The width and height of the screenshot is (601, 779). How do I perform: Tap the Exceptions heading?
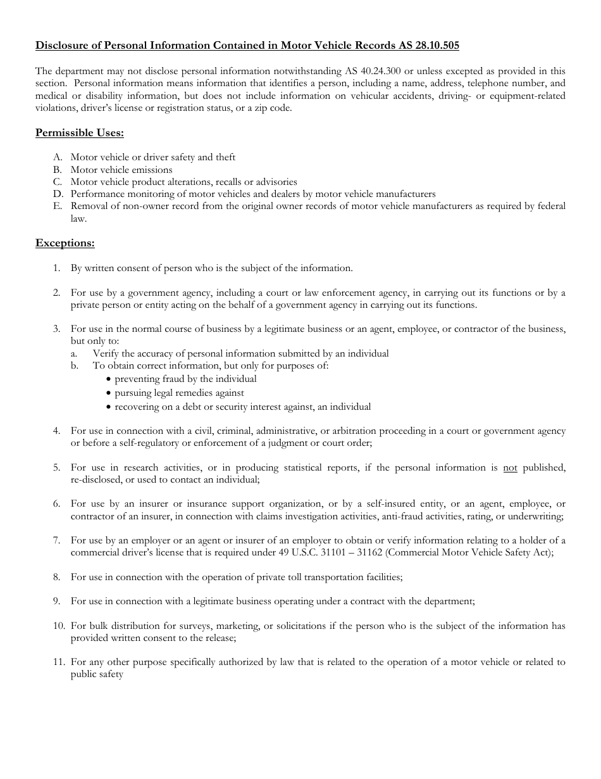pyautogui.click(x=65, y=243)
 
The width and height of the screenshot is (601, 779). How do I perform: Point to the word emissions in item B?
pyautogui.click(x=151, y=170)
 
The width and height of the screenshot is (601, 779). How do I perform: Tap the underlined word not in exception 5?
pyautogui.click(x=510, y=468)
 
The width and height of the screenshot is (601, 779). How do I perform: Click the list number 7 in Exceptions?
pyautogui.click(x=57, y=540)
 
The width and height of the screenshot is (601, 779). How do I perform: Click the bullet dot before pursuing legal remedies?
pyautogui.click(x=109, y=393)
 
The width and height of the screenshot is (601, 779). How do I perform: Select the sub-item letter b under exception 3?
pyautogui.click(x=75, y=365)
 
